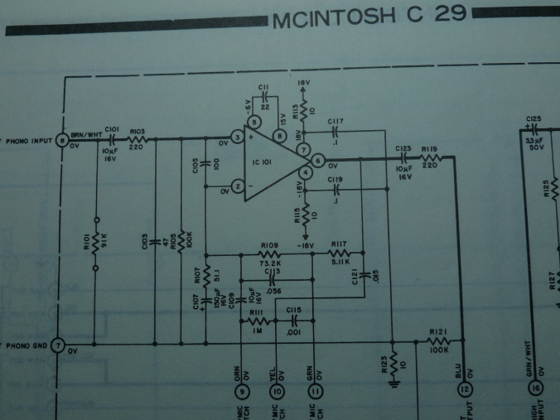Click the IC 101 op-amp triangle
click(269, 162)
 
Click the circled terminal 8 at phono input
click(62, 141)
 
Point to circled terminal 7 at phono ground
click(58, 344)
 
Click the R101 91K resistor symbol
click(96, 243)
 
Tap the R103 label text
click(138, 131)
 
